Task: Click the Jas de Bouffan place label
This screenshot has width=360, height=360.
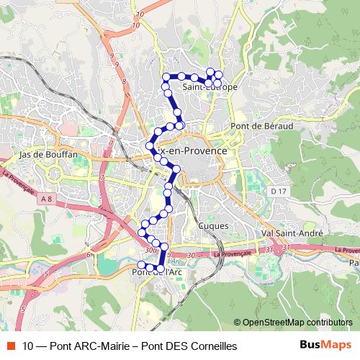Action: pyautogui.click(x=44, y=154)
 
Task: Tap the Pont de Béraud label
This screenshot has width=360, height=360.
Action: pyautogui.click(x=262, y=125)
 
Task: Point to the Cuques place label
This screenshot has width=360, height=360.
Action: pyautogui.click(x=212, y=225)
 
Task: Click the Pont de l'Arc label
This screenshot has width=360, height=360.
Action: pyautogui.click(x=156, y=271)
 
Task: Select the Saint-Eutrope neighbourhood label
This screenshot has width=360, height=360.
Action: pyautogui.click(x=210, y=87)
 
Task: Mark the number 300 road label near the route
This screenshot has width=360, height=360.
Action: pyautogui.click(x=150, y=250)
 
